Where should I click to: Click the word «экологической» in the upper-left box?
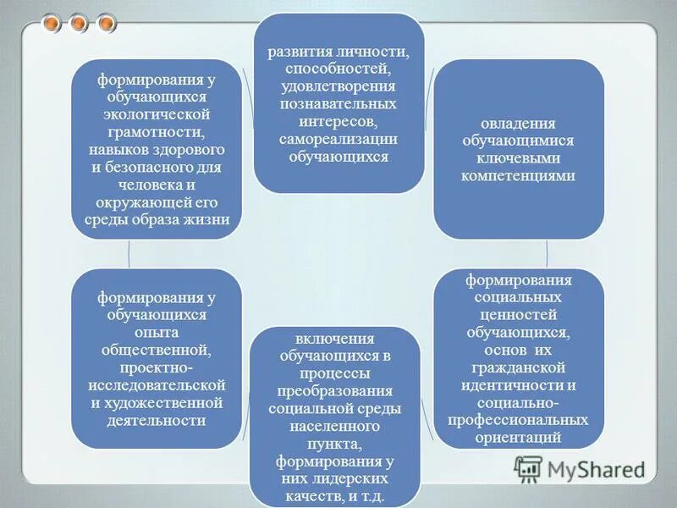pos(157,115)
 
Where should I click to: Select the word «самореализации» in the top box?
pos(338,140)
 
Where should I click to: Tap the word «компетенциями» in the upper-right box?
pos(519,176)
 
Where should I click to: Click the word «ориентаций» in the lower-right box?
pos(519,437)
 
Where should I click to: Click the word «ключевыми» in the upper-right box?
pos(519,158)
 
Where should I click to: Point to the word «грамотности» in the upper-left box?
pos(157,133)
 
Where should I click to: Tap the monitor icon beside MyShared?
pos(528,469)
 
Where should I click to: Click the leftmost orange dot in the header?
pos(53,23)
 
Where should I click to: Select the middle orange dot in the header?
pos(79,23)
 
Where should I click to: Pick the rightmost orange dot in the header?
pos(105,23)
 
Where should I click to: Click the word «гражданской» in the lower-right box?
pos(519,369)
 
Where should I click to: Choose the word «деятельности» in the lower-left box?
pos(157,420)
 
